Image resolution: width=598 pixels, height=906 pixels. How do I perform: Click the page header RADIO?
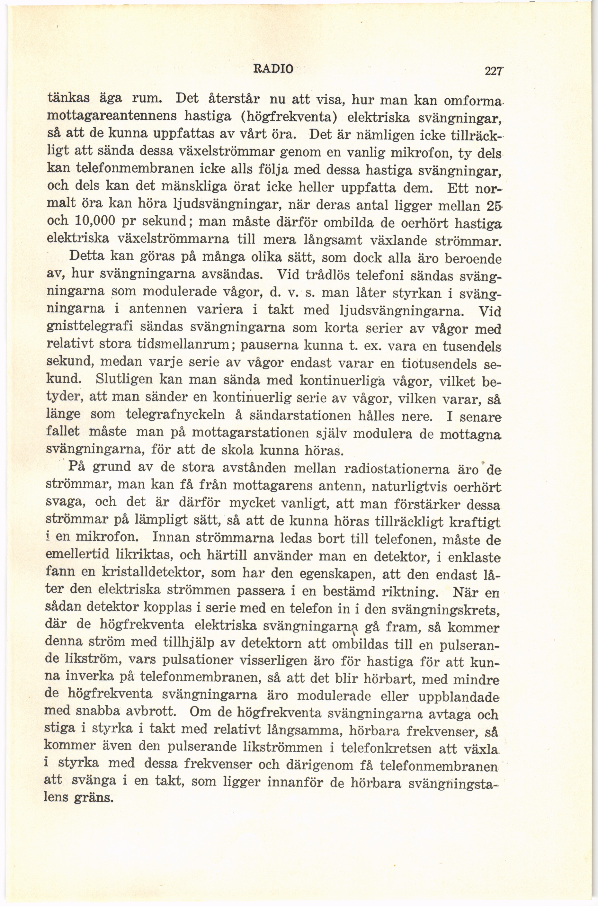tap(274, 69)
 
